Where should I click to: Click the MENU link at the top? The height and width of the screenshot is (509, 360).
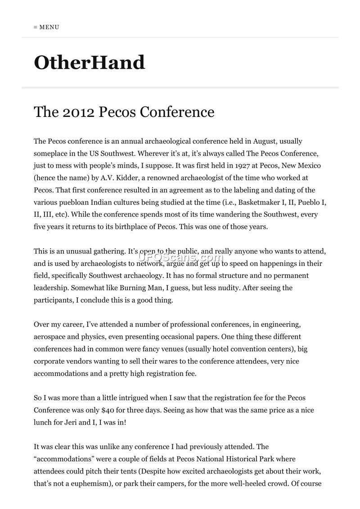click(x=47, y=27)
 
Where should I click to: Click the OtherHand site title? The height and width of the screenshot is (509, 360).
click(x=90, y=63)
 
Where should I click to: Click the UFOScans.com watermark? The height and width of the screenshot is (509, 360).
click(x=180, y=257)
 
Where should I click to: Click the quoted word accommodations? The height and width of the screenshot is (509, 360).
click(x=64, y=459)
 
